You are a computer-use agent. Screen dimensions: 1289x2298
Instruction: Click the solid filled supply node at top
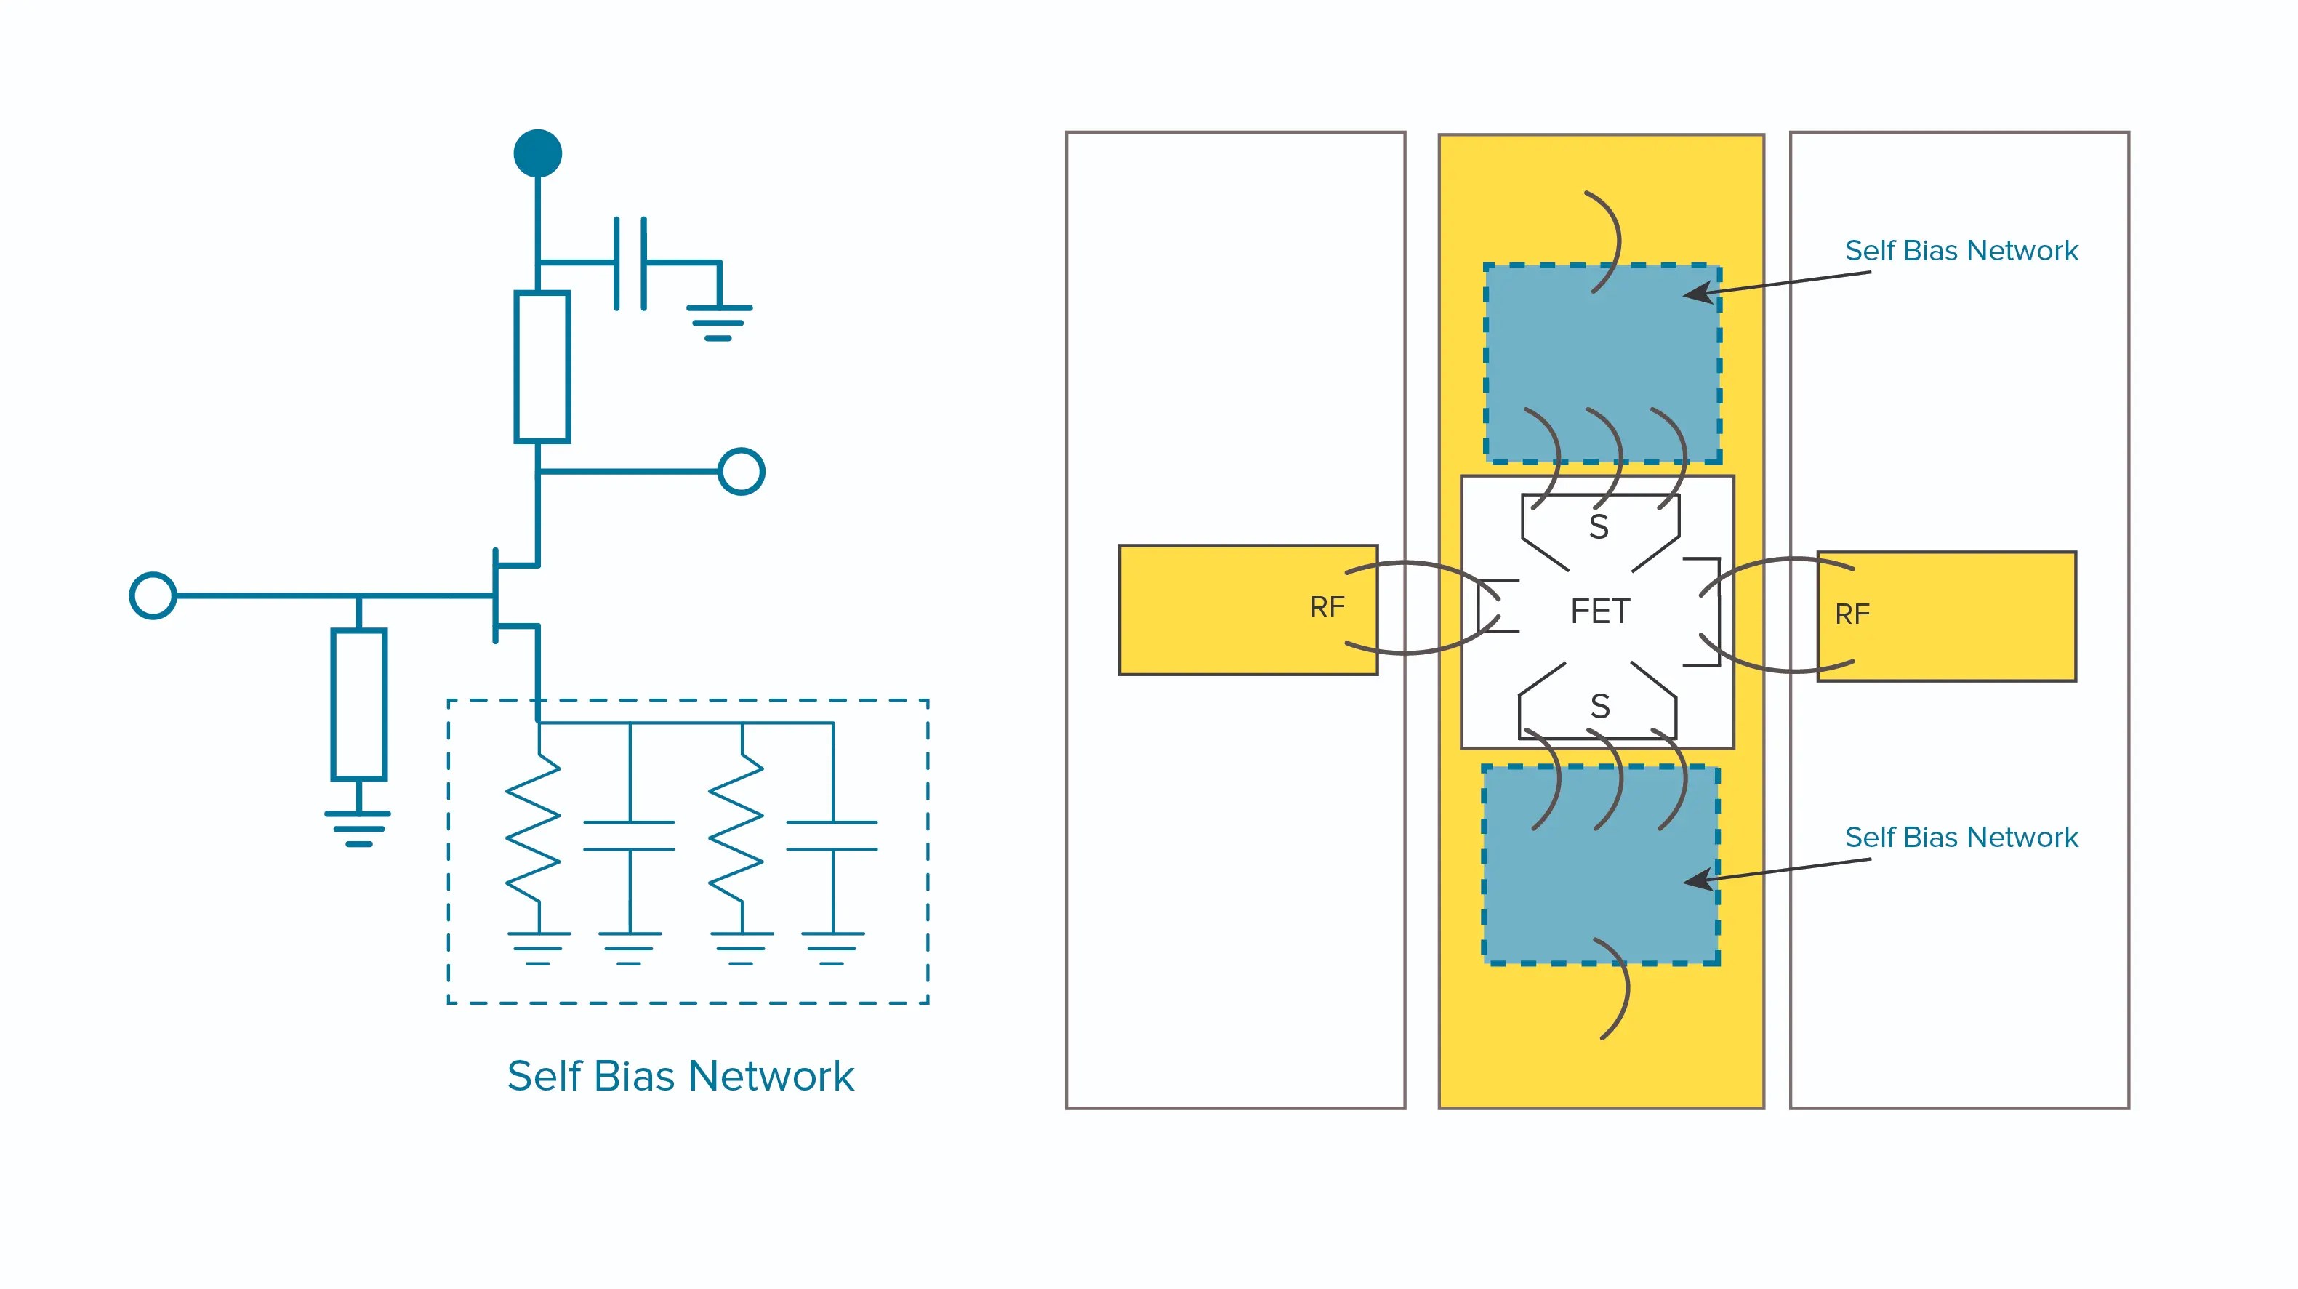coord(537,153)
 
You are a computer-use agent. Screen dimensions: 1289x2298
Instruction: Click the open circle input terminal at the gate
coord(153,595)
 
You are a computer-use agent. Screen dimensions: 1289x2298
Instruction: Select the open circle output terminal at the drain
coord(742,471)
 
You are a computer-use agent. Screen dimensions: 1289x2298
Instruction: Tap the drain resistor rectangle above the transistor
coord(542,366)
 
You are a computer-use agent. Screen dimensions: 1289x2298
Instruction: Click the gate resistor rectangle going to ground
coord(358,704)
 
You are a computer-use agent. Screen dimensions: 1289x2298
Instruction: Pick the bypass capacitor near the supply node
coord(630,263)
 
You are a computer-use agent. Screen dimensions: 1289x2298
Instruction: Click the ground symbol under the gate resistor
coord(358,829)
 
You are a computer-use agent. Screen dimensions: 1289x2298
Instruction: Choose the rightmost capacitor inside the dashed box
coord(832,836)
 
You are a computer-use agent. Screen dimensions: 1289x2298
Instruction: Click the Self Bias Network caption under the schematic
coord(680,1076)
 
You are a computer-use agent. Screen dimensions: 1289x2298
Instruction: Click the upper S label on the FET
coord(1599,527)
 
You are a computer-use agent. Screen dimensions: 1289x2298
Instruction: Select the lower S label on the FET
coord(1599,707)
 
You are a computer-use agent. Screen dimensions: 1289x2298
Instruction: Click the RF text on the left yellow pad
coord(1327,608)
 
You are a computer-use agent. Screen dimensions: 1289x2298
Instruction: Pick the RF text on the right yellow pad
coord(1852,614)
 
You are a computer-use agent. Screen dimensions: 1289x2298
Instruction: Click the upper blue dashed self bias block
coord(1602,363)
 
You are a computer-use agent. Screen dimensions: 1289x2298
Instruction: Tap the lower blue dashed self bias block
coord(1600,865)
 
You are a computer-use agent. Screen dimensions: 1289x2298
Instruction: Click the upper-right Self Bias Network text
coord(1961,251)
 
